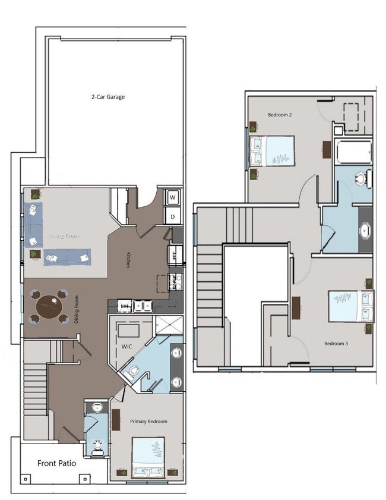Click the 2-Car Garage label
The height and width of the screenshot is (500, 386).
coord(107,96)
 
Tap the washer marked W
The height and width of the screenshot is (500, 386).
coord(173,196)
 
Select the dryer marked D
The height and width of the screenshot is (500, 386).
coord(173,216)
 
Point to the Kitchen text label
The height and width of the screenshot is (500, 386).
coord(128,260)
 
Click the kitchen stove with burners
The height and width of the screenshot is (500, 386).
coord(175,281)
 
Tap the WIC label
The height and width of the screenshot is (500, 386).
coord(126,345)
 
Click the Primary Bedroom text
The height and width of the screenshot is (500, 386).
coord(148,422)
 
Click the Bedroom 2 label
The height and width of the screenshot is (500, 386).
coord(280,114)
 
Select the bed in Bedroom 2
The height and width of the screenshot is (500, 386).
coord(274,151)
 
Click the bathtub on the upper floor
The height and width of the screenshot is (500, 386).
coord(354,153)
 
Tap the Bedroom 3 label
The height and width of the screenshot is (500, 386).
coord(336,344)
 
